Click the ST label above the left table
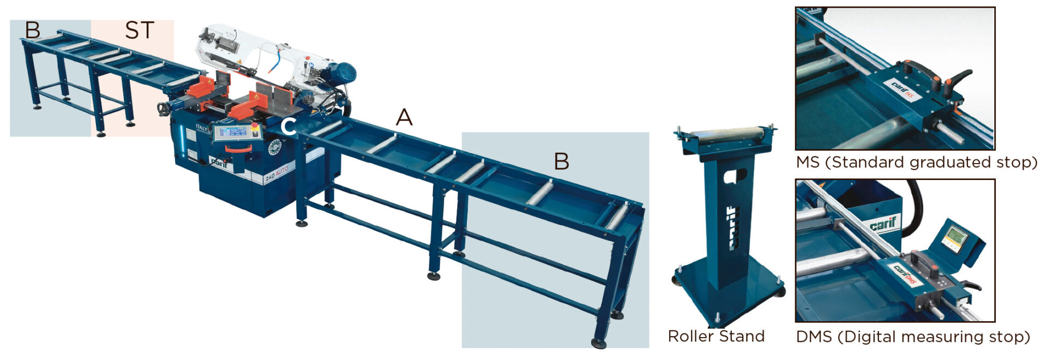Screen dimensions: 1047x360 click(140, 30)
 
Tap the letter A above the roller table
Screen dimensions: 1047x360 click(404, 117)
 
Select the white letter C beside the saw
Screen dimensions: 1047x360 click(288, 126)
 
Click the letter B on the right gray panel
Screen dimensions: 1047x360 click(562, 161)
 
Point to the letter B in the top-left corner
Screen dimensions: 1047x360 click(33, 30)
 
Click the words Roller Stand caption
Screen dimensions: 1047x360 click(716, 336)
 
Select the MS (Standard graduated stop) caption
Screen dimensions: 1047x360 click(916, 163)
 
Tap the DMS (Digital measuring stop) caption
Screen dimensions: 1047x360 click(913, 337)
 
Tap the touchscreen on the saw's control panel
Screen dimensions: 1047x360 click(231, 132)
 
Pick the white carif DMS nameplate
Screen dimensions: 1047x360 click(907, 273)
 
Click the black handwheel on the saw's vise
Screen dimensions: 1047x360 click(162, 109)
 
